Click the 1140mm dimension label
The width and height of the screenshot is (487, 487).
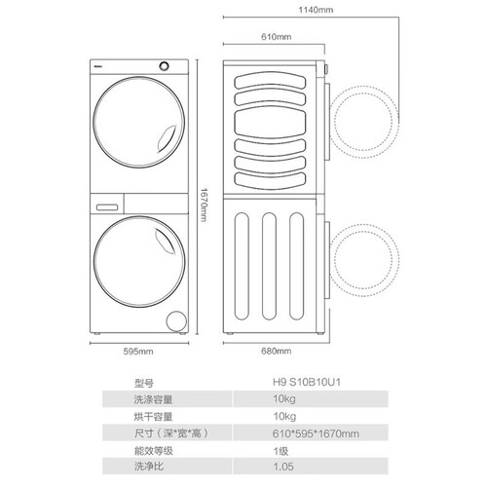pyautogui.click(x=316, y=10)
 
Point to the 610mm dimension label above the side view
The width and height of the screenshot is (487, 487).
pyautogui.click(x=277, y=37)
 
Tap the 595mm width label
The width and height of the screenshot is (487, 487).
pyautogui.click(x=138, y=352)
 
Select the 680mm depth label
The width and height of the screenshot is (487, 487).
pyautogui.click(x=277, y=351)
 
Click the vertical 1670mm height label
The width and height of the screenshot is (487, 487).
pyautogui.click(x=204, y=205)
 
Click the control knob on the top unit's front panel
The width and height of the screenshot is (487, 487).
pyautogui.click(x=165, y=66)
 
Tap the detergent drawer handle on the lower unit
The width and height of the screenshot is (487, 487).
pyautogui.click(x=107, y=206)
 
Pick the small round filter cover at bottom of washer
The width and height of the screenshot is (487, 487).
pyautogui.click(x=176, y=321)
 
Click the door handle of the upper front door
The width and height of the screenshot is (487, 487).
pyautogui.click(x=168, y=139)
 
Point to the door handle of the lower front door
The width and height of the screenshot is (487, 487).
pyautogui.click(x=166, y=242)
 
